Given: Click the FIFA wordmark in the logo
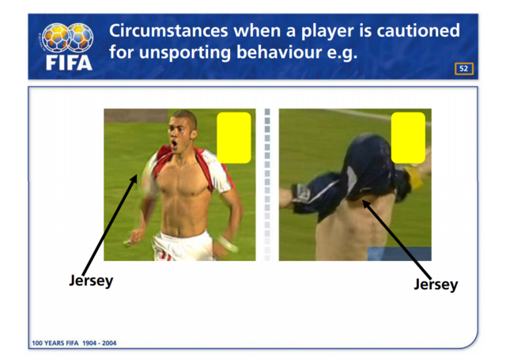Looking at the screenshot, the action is point(69,63).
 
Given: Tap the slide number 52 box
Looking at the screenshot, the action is point(464,69).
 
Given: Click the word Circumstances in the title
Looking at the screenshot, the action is point(168,31).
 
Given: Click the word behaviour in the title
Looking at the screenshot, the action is point(279,51).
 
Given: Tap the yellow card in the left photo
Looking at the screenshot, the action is point(234,138).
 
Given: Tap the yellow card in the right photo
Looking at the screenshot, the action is point(408,138).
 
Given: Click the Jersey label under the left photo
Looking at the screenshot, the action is point(91,281).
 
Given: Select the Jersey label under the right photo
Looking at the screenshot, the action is point(436,285).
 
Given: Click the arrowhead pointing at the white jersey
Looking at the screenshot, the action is point(134,179).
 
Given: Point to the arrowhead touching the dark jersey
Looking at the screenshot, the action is point(366,204).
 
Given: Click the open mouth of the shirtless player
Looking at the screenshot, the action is point(174,144).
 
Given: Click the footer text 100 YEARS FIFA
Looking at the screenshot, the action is point(55,343).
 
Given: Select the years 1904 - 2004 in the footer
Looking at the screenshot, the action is point(100,343).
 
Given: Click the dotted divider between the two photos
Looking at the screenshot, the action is point(267,184).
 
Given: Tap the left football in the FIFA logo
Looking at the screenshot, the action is point(56,37).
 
